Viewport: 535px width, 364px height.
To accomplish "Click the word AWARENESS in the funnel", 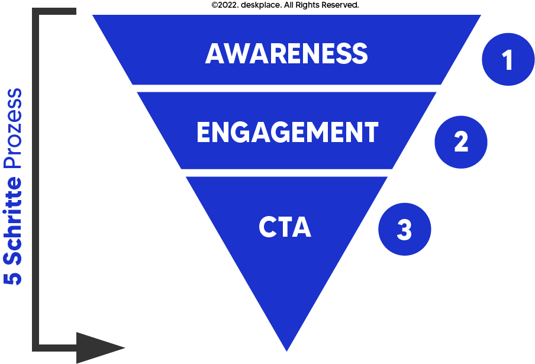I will (x=286, y=54).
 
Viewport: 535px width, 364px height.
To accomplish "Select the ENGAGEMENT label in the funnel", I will (x=287, y=133).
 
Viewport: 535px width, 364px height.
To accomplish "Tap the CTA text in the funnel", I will (x=285, y=228).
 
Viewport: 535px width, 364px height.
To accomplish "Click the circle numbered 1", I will (x=508, y=60).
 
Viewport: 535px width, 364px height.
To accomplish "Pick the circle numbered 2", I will (x=460, y=142).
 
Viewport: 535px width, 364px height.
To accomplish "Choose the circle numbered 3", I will (x=404, y=230).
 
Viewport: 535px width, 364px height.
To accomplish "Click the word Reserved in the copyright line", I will (x=340, y=5).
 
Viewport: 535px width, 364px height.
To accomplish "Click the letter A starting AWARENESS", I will (x=214, y=54).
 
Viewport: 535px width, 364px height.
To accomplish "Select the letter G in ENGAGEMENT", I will (x=243, y=133).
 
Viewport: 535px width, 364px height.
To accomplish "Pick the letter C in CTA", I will (x=267, y=228).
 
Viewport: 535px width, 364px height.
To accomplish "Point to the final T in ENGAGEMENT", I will (x=370, y=133).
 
